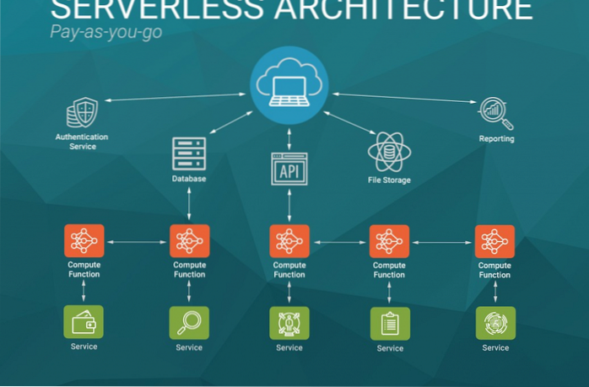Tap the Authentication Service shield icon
(82, 113)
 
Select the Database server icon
(188, 153)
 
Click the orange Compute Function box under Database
(189, 241)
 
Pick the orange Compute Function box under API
(289, 242)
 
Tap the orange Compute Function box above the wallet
(84, 241)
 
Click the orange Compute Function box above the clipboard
(390, 242)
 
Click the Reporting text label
(496, 139)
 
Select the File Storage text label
(389, 180)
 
